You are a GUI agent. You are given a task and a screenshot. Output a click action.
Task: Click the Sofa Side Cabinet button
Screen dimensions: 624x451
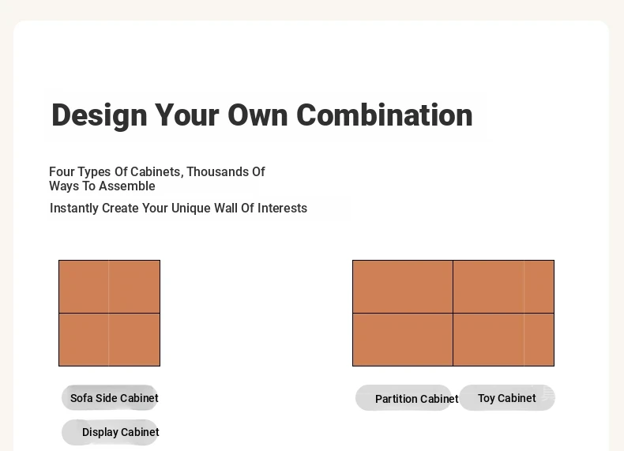click(x=110, y=397)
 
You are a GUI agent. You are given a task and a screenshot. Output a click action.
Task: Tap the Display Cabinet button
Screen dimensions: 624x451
click(x=110, y=432)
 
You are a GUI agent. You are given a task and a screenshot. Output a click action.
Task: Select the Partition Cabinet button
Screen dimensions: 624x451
click(x=404, y=398)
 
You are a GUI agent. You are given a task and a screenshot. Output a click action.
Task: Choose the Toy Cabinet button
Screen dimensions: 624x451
click(x=507, y=398)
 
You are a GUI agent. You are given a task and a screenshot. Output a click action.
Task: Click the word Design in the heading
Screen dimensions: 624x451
click(x=99, y=116)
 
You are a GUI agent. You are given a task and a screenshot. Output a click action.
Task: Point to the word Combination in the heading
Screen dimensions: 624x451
click(x=385, y=115)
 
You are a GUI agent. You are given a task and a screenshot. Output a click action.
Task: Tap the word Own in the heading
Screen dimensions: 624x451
click(x=257, y=115)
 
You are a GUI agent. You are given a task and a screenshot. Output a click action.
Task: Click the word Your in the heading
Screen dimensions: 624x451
click(x=186, y=115)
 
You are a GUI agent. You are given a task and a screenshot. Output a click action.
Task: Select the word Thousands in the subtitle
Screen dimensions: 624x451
click(x=217, y=171)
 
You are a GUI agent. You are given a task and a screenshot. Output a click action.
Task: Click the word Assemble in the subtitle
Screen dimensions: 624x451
click(x=127, y=186)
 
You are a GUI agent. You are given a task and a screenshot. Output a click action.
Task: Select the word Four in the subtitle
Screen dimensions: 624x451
click(x=62, y=171)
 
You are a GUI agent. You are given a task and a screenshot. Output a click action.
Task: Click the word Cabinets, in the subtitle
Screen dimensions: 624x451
click(x=157, y=172)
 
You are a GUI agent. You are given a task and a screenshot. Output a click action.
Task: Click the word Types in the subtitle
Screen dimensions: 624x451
click(x=94, y=172)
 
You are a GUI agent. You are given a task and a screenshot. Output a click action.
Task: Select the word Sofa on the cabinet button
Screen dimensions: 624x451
click(x=81, y=398)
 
